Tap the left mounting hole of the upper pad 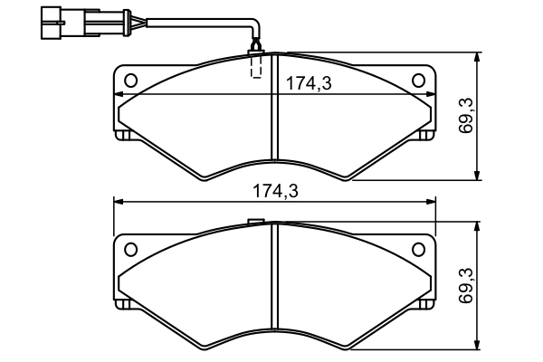coord(130,81)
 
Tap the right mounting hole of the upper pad coord(418,81)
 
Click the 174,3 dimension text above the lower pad coord(274,191)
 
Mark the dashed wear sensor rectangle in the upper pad coord(256,66)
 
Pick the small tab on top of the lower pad coord(255,222)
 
